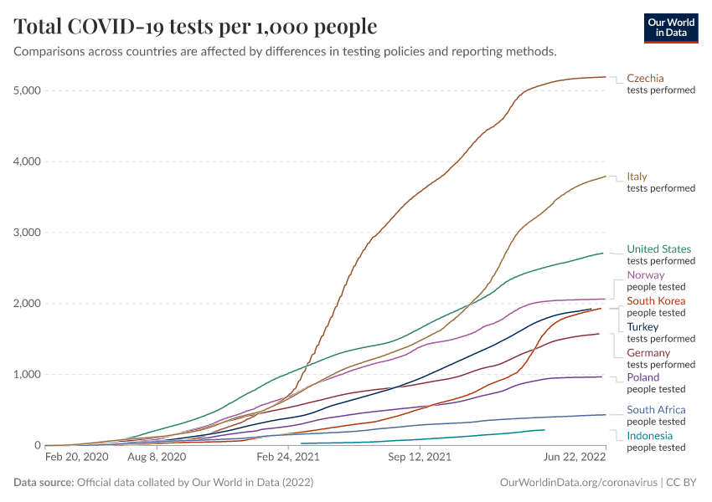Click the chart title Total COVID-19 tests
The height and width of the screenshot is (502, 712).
point(195,27)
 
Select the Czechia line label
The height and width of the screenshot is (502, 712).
point(645,79)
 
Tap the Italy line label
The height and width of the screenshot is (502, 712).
point(637,177)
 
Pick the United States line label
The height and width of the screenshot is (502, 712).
point(659,248)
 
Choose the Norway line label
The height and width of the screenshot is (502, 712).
point(645,274)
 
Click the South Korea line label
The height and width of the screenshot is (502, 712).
point(656,300)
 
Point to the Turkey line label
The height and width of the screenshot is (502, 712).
point(642,326)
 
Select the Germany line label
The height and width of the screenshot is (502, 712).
point(648,352)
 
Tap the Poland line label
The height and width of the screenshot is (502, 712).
point(643,377)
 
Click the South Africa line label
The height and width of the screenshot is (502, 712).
point(656,410)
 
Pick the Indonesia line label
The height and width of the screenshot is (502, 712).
point(648,436)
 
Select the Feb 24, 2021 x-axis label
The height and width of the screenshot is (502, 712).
point(287,457)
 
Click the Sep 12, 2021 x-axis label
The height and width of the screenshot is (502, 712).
point(419,457)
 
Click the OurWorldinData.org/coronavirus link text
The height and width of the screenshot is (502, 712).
point(576,483)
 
